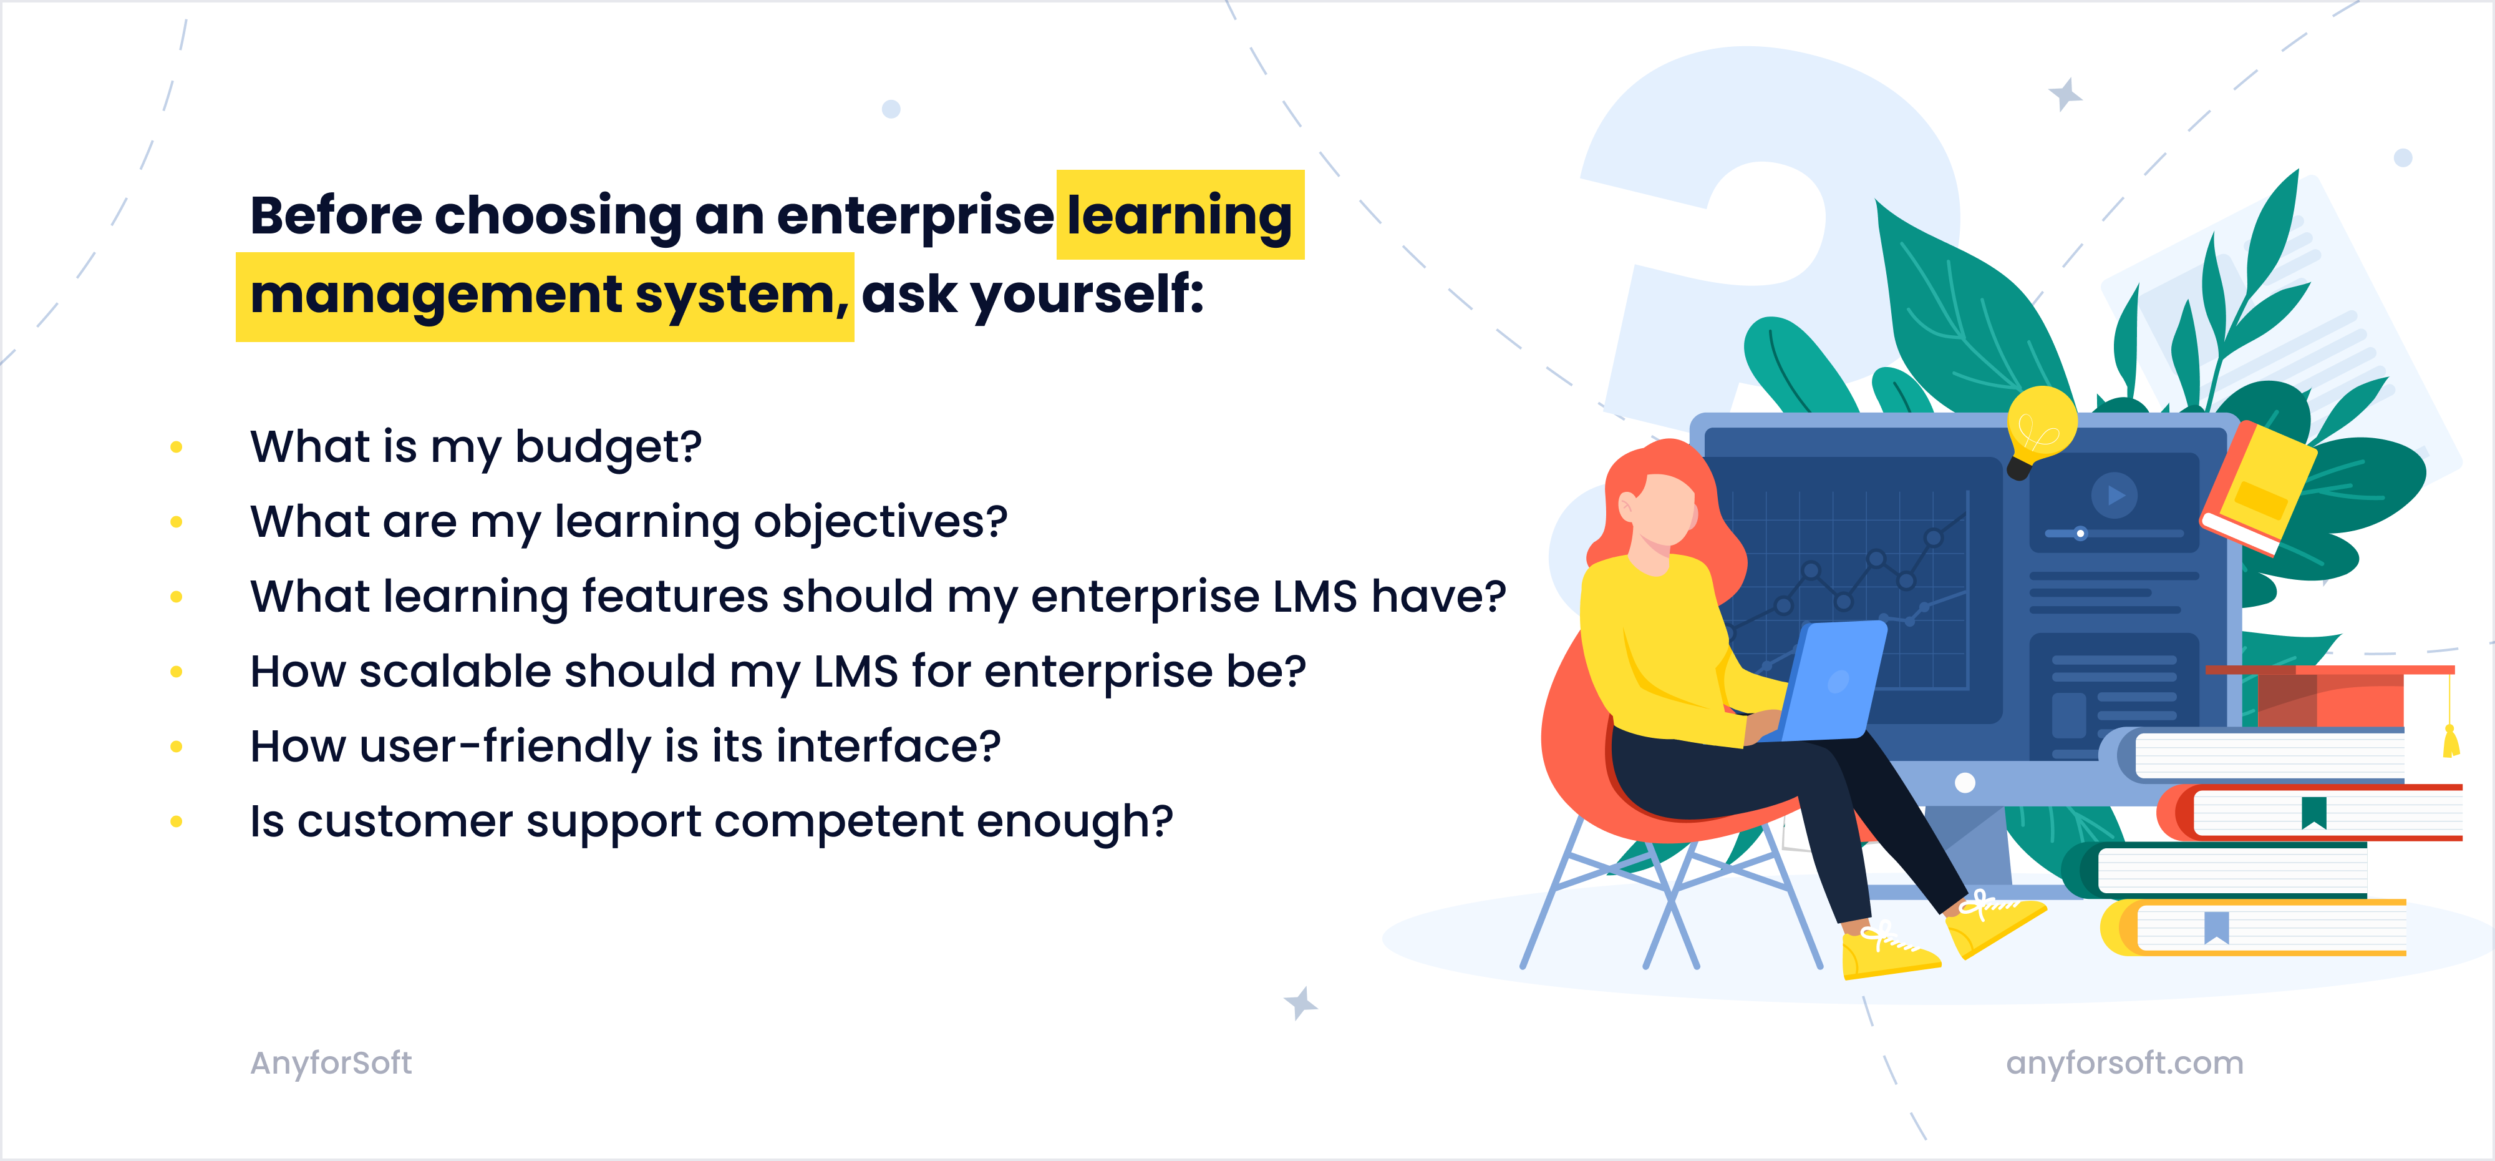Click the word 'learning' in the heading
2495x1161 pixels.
(1179, 215)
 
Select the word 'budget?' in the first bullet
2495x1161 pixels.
(608, 447)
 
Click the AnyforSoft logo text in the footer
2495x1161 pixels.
(331, 1063)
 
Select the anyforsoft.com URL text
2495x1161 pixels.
(2124, 1063)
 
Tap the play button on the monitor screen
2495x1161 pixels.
(2115, 495)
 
